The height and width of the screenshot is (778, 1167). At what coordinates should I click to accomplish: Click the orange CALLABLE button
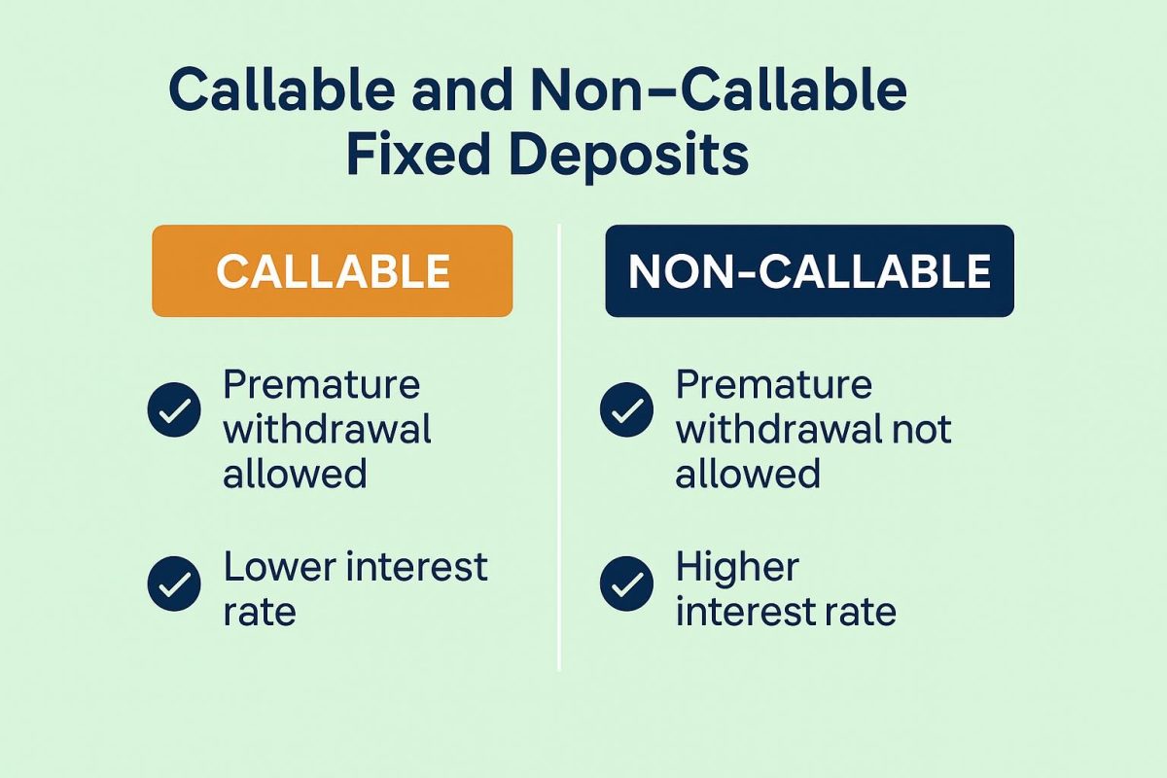click(x=332, y=271)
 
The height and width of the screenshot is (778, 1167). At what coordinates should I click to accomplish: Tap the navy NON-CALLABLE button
click(x=809, y=271)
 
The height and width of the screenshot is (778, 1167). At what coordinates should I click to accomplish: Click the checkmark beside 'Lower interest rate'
click(x=174, y=583)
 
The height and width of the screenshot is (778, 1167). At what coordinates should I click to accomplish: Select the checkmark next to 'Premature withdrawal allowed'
click(x=174, y=410)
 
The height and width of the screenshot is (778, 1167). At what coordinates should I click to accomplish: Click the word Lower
click(x=280, y=567)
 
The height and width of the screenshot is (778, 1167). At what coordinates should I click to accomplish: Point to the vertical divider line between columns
click(x=560, y=447)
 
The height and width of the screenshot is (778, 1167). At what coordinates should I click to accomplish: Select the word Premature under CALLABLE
click(x=322, y=385)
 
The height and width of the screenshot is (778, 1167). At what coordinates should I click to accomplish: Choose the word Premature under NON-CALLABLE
click(x=774, y=385)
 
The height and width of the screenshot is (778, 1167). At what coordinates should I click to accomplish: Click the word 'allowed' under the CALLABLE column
click(x=295, y=474)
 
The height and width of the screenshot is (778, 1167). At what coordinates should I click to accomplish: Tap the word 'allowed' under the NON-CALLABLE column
click(x=748, y=474)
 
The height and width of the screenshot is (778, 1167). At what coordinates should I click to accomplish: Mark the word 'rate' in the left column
click(x=259, y=613)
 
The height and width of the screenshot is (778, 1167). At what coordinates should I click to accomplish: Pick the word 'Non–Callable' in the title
click(x=721, y=90)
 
